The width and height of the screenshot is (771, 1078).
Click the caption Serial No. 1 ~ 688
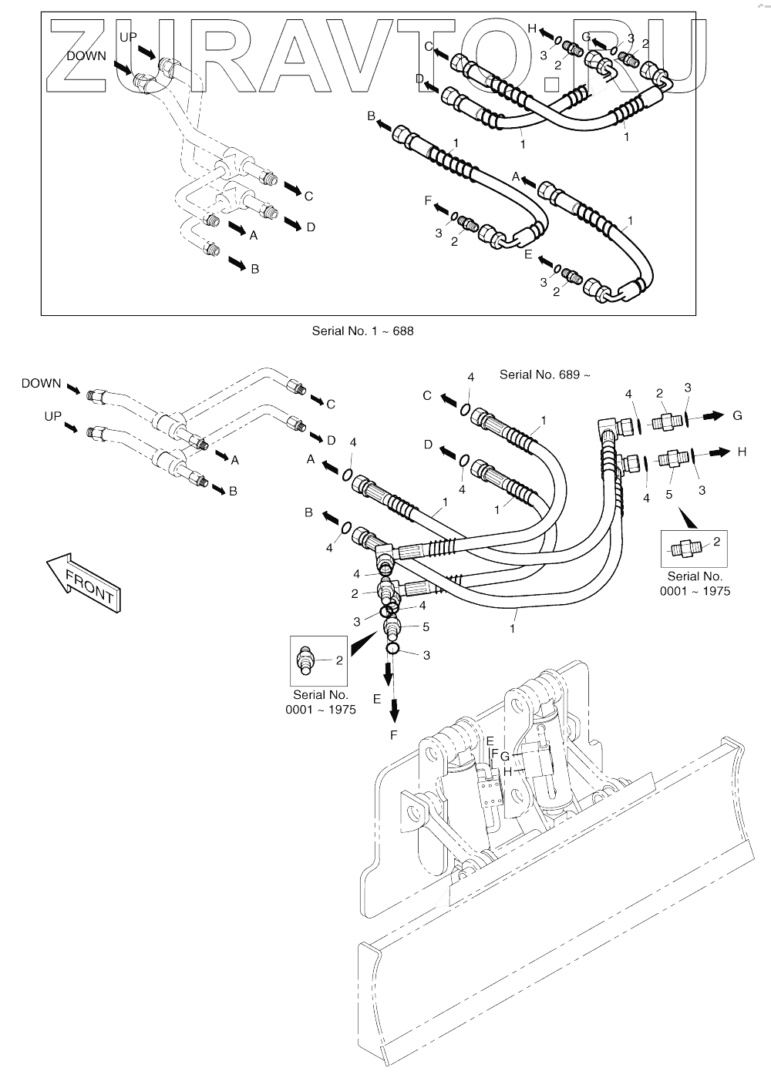coord(362,331)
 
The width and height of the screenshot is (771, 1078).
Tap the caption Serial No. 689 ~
coord(544,374)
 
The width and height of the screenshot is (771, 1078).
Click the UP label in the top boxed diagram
coord(129,37)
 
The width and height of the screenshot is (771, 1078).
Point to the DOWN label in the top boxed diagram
coord(86,55)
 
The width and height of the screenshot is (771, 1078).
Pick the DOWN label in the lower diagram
coord(42,383)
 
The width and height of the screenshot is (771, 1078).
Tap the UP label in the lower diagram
coord(52,416)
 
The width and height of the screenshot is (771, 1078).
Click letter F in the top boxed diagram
coord(428,200)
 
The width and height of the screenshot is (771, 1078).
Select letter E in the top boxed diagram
coord(528,254)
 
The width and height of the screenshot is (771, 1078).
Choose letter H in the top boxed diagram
coord(532,29)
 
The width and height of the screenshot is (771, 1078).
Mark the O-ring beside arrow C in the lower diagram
coord(466,410)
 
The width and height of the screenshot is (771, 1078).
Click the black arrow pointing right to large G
coord(712,416)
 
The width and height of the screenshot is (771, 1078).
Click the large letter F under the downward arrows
coord(393,735)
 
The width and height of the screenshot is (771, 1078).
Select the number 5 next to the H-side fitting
coord(668,495)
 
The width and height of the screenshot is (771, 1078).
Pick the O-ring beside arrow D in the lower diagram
coord(463,461)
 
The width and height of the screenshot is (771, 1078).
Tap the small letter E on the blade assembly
coord(490,741)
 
